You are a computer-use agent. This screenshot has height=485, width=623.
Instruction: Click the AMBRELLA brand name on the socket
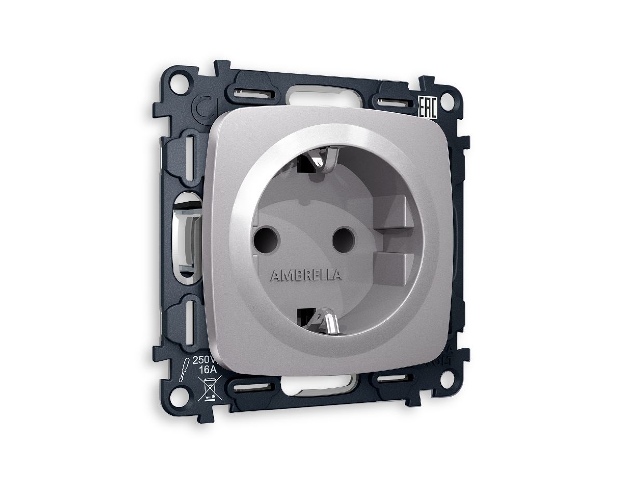coord(306,275)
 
